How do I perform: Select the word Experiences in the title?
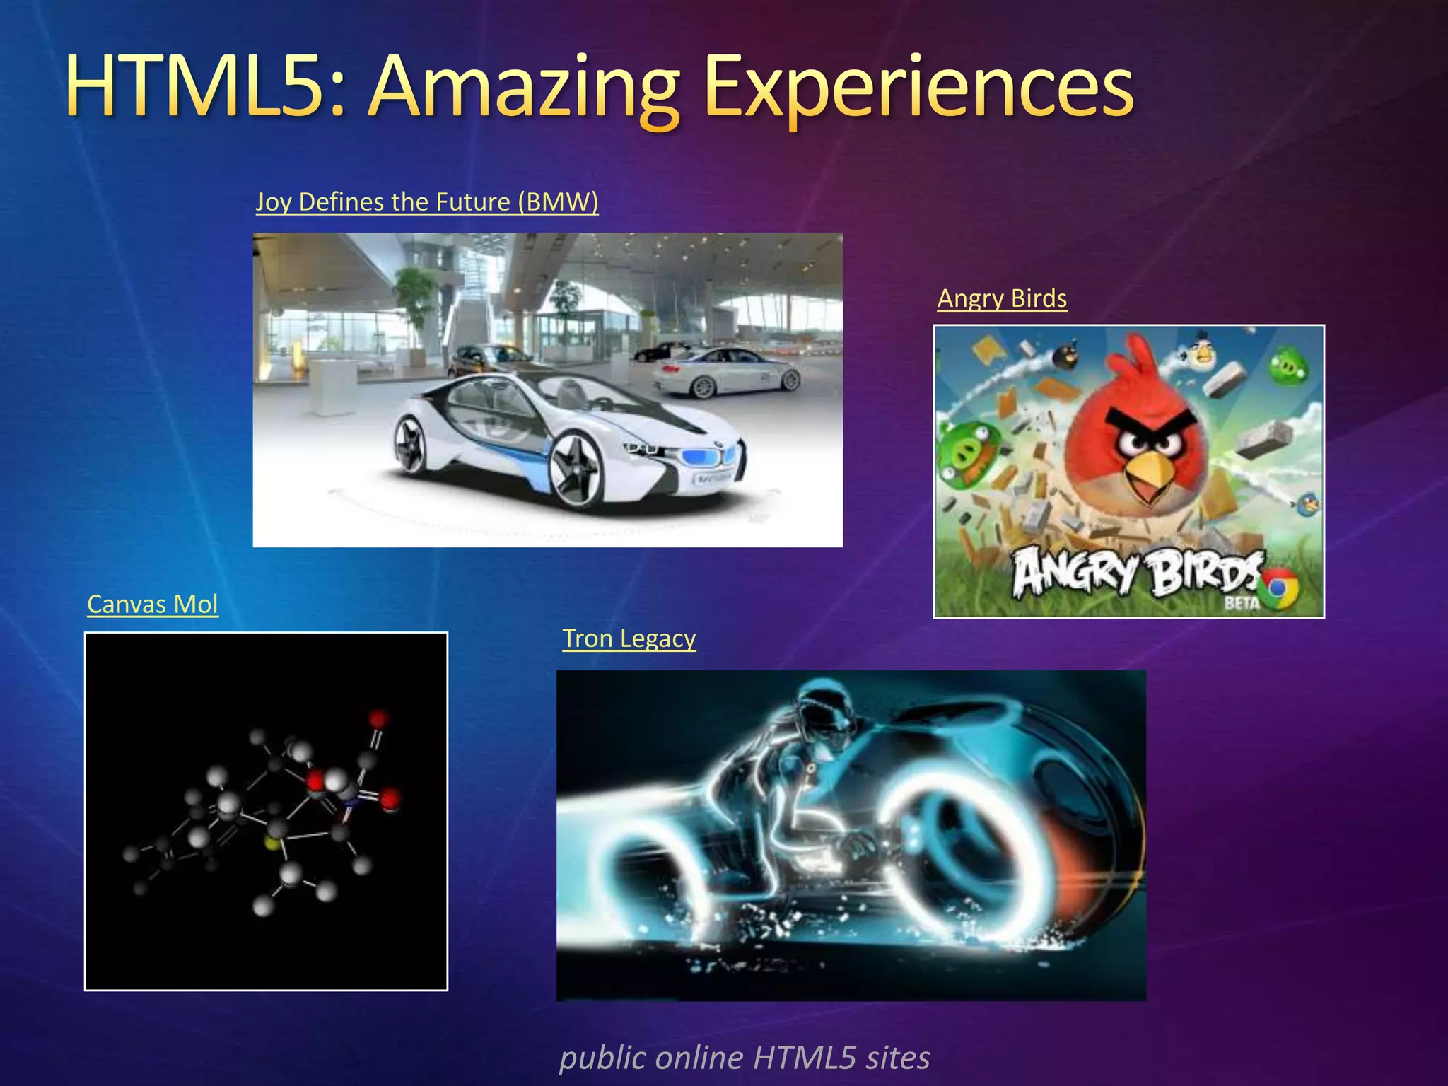click(x=919, y=88)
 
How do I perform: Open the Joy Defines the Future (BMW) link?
click(x=426, y=202)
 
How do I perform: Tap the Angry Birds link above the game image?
click(x=1002, y=298)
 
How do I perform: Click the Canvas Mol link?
click(x=153, y=605)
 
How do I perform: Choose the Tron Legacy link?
click(x=629, y=638)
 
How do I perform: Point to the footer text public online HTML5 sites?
click(x=745, y=1058)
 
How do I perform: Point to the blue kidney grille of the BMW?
click(x=707, y=457)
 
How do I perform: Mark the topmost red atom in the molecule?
click(x=378, y=719)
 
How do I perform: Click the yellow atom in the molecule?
click(x=271, y=841)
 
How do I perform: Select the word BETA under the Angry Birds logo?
click(x=1241, y=603)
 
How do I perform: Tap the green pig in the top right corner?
click(x=1288, y=366)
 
